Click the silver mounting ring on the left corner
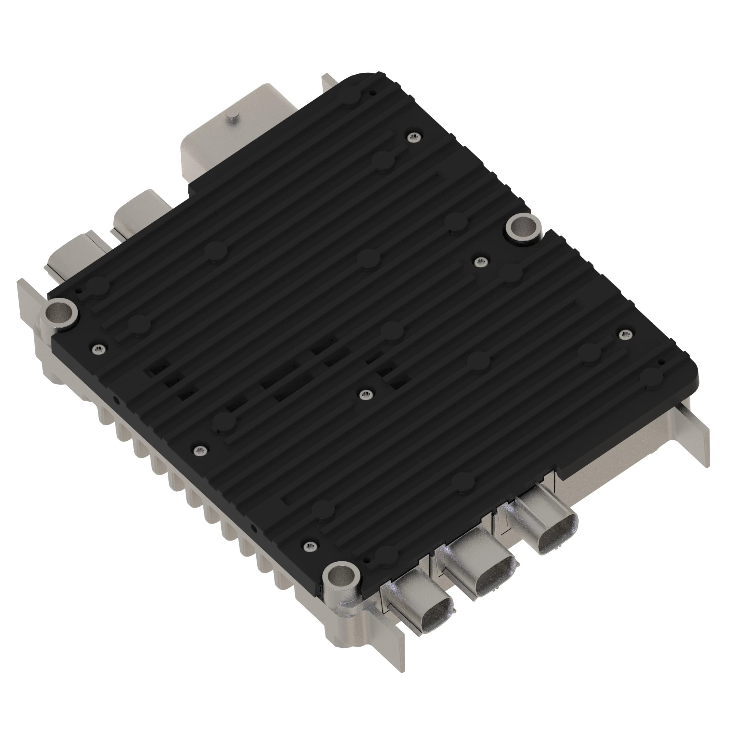[x=61, y=312]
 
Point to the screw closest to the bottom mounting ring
[x=309, y=545]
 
